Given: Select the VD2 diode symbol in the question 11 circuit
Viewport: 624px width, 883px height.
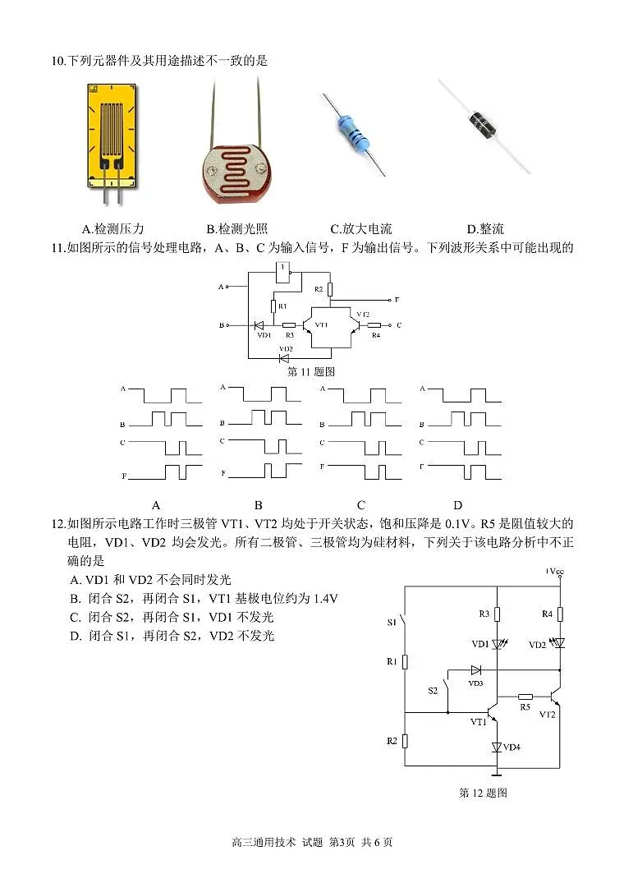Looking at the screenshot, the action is [284, 357].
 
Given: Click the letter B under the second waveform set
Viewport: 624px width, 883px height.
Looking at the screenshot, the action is [258, 505].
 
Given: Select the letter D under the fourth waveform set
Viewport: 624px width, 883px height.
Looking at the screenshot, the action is [457, 505].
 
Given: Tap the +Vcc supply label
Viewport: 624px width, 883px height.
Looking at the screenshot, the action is [554, 571].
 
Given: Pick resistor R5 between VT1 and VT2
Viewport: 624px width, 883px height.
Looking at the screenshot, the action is [525, 696].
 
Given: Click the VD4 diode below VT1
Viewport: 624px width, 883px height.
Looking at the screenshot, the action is [497, 747].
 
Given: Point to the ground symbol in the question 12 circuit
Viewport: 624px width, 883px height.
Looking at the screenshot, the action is [497, 773].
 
